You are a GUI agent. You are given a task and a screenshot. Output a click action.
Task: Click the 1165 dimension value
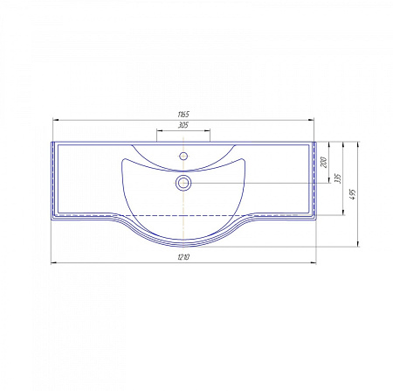click(183, 115)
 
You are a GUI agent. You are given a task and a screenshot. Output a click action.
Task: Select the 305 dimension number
click(183, 126)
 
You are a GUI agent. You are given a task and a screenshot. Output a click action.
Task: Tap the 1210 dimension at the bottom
click(183, 257)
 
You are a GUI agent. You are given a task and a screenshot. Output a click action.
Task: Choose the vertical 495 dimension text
click(352, 194)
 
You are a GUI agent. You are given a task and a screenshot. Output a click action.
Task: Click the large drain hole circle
click(183, 183)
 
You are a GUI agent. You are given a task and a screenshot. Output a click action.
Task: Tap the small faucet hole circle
click(183, 157)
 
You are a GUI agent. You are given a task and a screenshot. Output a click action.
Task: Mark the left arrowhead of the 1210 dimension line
click(52, 262)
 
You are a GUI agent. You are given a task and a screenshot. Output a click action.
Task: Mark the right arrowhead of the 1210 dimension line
click(315, 262)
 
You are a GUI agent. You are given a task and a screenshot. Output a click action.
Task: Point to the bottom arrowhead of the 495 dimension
click(358, 248)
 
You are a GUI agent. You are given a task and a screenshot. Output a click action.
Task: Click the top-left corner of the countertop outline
click(53, 142)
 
